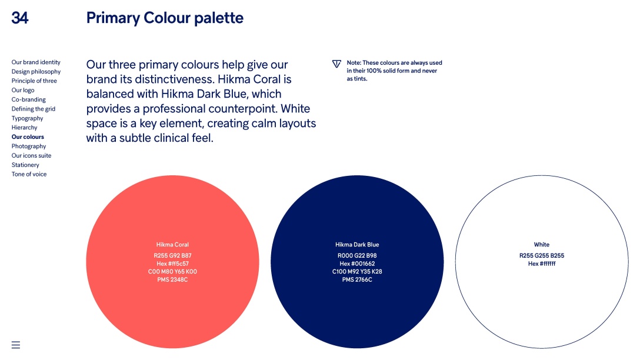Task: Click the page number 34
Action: tap(19, 18)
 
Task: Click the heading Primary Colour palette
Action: tap(165, 18)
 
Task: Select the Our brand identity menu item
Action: tap(36, 62)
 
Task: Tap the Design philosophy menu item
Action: tap(36, 72)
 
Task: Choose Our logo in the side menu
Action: tap(23, 90)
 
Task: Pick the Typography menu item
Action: tap(27, 118)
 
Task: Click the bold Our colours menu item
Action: tap(28, 136)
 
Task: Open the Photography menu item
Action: tap(29, 146)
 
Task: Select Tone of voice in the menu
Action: tap(29, 174)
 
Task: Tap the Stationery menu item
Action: tap(25, 165)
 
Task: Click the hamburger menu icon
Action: tap(16, 345)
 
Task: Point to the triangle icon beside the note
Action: tap(336, 64)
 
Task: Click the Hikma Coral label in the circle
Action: tap(172, 245)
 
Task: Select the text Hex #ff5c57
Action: tap(172, 264)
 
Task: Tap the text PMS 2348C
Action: tap(172, 279)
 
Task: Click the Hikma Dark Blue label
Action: tap(357, 245)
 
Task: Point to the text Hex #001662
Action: tap(357, 264)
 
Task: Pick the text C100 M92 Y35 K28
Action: tap(357, 271)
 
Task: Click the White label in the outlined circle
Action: tap(542, 245)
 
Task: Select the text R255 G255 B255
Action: tap(542, 255)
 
